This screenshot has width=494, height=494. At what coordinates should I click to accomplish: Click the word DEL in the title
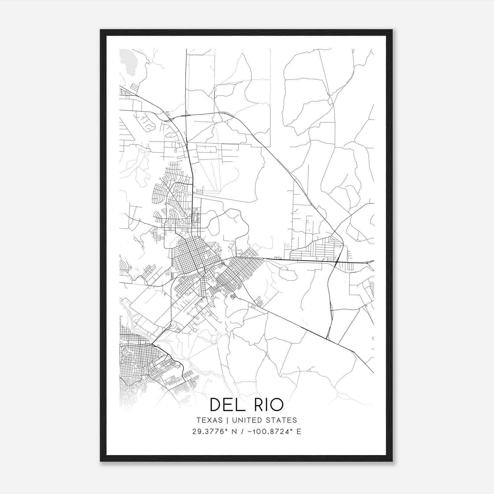point(228,405)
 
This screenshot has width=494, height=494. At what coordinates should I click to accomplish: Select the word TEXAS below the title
point(209,420)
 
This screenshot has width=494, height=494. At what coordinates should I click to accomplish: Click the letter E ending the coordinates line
point(299,432)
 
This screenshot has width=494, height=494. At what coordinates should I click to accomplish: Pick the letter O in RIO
point(277,405)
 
